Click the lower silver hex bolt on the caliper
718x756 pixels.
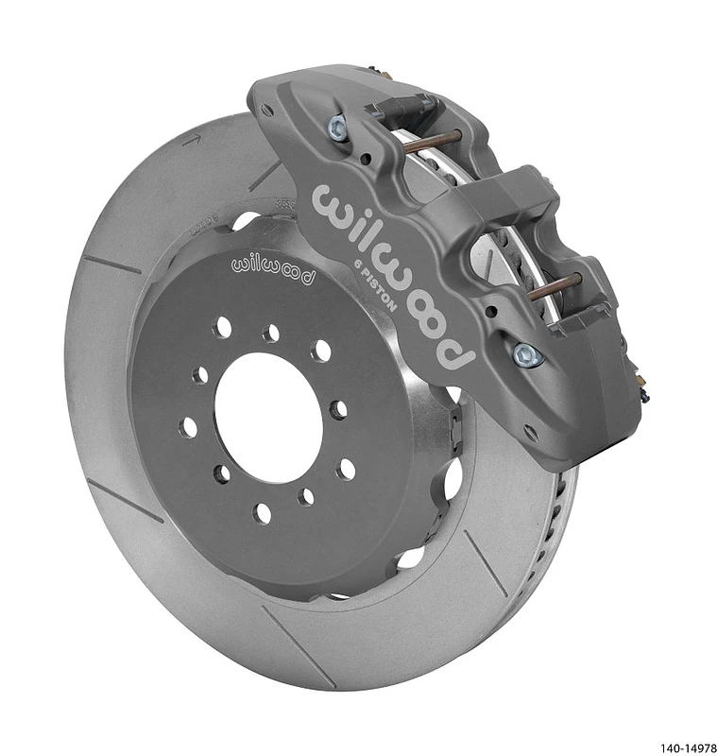coord(525,354)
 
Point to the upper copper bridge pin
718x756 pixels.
coord(430,141)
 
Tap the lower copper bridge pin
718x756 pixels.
coord(563,287)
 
